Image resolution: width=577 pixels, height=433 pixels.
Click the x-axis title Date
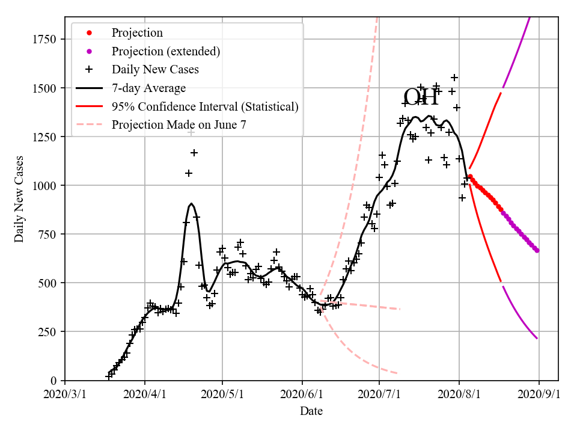(311, 411)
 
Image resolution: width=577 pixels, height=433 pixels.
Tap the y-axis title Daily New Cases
(19, 198)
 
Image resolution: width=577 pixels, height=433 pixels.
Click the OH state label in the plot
(421, 97)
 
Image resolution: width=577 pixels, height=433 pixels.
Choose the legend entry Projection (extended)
(165, 51)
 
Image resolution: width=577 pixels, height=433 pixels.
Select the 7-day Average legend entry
(148, 88)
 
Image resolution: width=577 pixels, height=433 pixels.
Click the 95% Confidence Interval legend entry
(204, 107)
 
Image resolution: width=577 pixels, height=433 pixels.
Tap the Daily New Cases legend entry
(155, 70)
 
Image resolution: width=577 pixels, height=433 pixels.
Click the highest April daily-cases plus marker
(191, 132)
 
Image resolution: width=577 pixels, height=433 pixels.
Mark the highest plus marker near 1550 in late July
(454, 78)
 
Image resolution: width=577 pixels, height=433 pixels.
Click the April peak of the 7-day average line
(191, 204)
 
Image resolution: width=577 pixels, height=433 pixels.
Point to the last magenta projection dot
(537, 250)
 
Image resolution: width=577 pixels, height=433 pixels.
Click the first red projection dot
(470, 176)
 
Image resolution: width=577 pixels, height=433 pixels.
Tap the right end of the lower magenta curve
(537, 339)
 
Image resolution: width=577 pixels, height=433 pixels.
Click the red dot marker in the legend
(89, 32)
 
